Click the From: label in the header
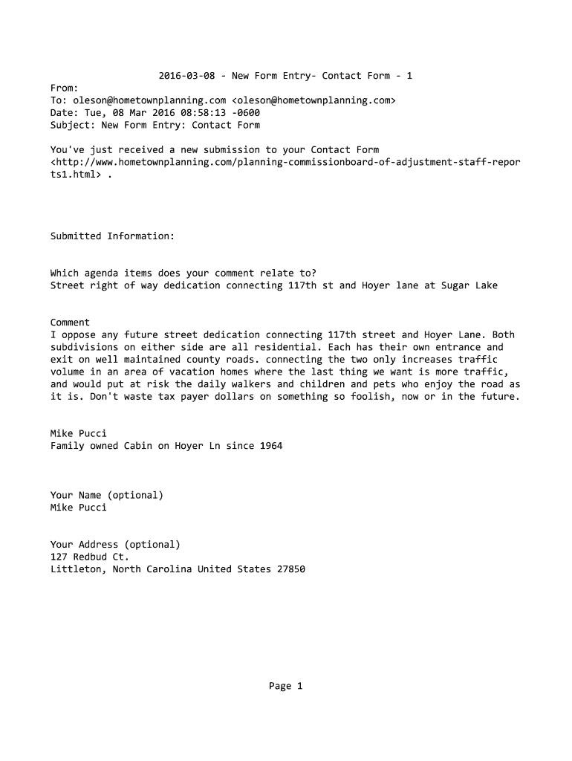[x=64, y=88]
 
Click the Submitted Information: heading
[x=112, y=236]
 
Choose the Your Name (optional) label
[x=107, y=495]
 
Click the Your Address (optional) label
[x=115, y=544]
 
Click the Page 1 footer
[x=286, y=686]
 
